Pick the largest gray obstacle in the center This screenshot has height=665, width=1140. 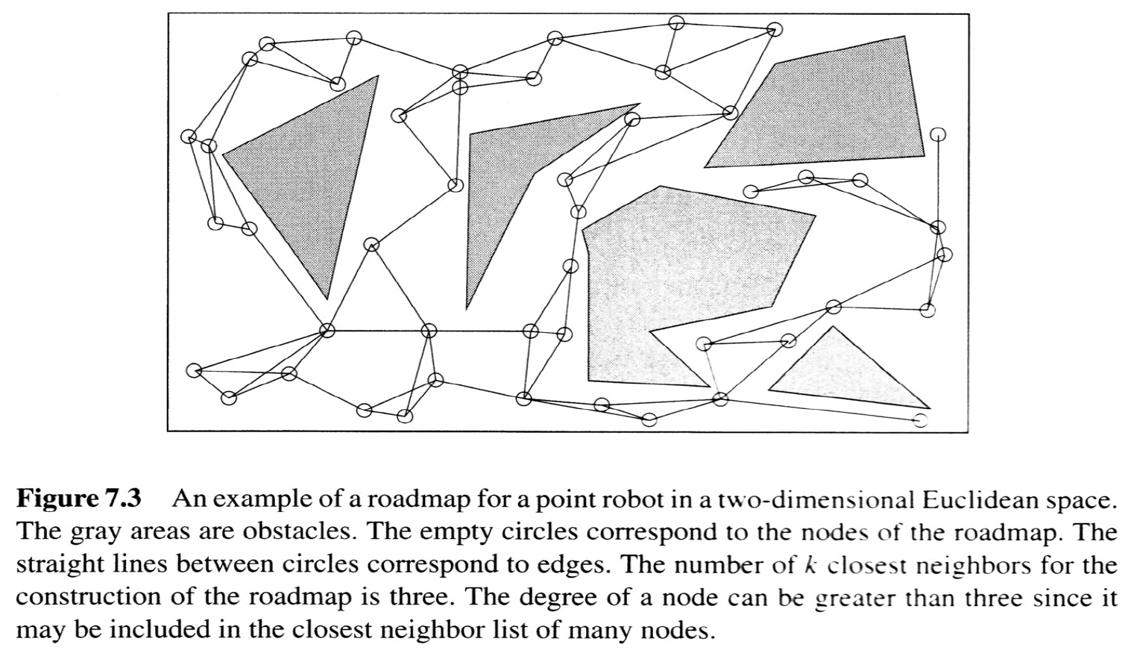click(671, 276)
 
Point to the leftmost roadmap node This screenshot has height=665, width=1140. click(190, 137)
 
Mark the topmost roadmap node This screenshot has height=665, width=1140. click(676, 22)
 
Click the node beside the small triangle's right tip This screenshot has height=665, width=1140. click(922, 420)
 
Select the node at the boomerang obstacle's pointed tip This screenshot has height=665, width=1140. click(632, 119)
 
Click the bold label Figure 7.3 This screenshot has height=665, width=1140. click(78, 499)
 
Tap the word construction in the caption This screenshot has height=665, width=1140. click(69, 598)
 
